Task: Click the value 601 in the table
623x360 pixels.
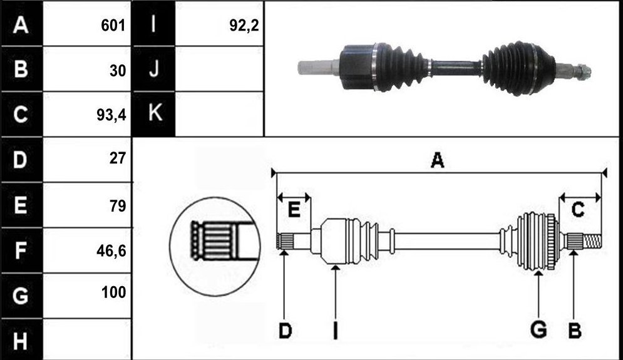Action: [113, 26]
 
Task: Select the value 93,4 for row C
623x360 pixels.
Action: [111, 115]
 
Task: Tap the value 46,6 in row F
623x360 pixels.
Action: [111, 250]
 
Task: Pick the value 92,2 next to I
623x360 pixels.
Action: [244, 26]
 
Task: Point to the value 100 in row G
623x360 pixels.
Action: [113, 292]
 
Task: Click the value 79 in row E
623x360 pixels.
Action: [118, 206]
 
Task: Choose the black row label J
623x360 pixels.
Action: [154, 69]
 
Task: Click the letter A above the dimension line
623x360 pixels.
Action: [438, 160]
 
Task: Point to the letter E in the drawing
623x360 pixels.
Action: [294, 209]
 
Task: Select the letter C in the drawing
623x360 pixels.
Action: [578, 209]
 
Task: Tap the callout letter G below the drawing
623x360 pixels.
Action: [538, 330]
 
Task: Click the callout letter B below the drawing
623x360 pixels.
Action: [575, 330]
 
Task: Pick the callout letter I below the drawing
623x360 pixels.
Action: [336, 331]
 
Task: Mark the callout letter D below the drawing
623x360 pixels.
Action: [285, 330]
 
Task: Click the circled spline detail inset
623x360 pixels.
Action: [215, 246]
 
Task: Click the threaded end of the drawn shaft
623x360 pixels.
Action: [592, 240]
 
